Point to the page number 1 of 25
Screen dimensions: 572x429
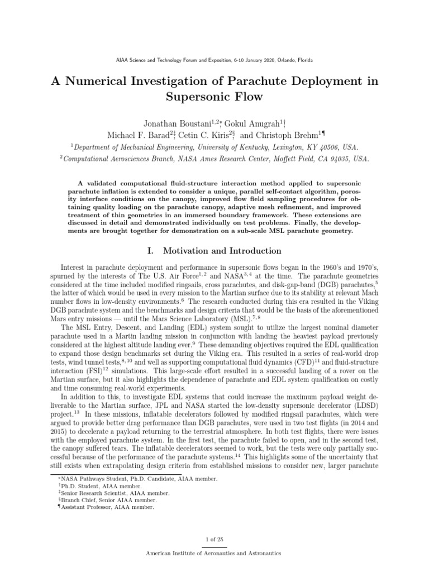click(x=214, y=538)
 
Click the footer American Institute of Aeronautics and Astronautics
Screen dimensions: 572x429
click(x=214, y=553)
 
